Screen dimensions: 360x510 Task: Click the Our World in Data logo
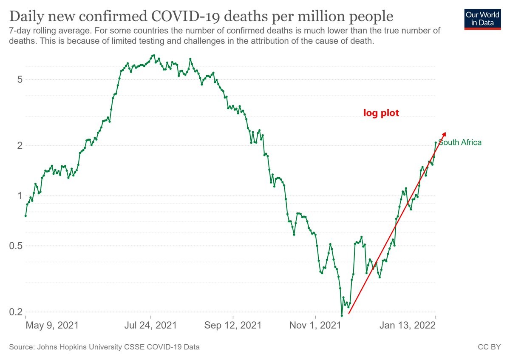483,18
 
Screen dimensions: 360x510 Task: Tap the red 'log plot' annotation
381,113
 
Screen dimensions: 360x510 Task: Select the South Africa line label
460,142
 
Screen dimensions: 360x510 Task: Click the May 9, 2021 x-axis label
52,326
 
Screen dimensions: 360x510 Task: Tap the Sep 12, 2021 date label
233,326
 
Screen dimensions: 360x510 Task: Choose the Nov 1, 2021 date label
315,326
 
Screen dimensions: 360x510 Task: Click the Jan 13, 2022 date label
408,326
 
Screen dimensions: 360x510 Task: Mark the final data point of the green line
436,143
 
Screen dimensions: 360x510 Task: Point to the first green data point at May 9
25,215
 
